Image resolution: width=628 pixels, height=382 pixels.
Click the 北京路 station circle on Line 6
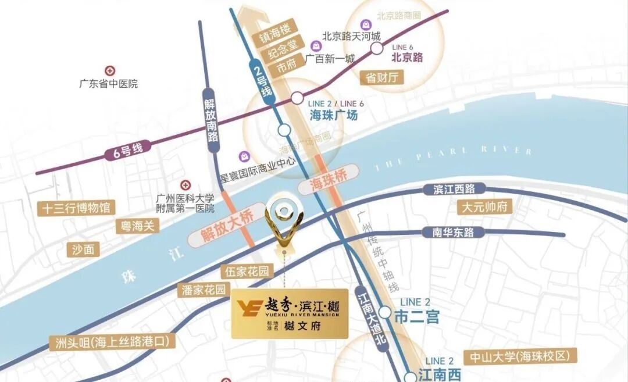(377, 48)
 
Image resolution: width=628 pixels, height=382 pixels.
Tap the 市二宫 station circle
(385, 312)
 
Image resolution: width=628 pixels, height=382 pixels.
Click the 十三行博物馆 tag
(76, 208)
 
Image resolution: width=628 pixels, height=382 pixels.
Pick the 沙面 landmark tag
(83, 249)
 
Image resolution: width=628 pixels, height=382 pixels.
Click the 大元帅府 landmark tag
(485, 206)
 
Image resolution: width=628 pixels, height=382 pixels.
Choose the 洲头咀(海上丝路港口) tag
(112, 342)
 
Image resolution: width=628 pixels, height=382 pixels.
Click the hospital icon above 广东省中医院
(109, 70)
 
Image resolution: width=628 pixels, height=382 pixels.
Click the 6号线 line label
(124, 151)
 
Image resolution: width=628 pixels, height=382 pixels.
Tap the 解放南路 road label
(210, 120)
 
